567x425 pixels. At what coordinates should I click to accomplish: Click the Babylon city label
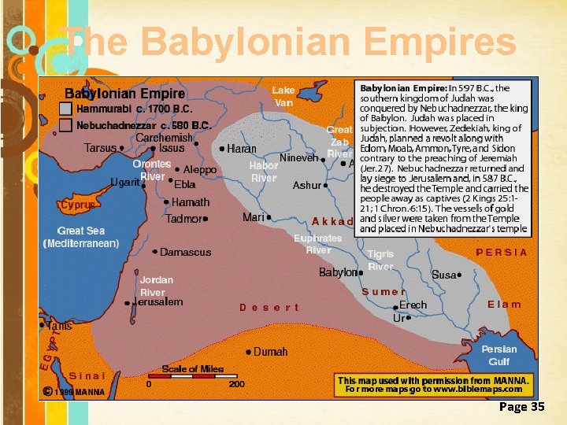click(x=338, y=272)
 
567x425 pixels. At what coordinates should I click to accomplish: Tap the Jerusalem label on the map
click(x=158, y=302)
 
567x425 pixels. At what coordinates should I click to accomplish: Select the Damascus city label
click(x=185, y=253)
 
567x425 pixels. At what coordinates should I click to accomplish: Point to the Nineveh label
click(x=298, y=157)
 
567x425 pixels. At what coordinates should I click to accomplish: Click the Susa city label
click(x=443, y=275)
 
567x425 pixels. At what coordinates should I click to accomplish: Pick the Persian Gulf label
click(x=499, y=355)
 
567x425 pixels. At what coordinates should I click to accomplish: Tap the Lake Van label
click(x=283, y=96)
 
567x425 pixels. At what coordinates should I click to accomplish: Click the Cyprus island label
click(x=78, y=205)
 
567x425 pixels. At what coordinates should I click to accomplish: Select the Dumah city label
click(x=270, y=352)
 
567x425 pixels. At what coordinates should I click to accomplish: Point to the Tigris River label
click(x=380, y=261)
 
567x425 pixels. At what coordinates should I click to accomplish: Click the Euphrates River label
click(x=318, y=244)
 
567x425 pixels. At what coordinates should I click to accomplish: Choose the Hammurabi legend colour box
click(x=66, y=109)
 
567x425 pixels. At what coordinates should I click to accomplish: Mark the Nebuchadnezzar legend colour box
click(x=66, y=125)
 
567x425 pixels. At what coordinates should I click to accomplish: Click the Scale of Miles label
click(x=193, y=369)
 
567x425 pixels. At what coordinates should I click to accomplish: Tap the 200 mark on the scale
click(x=236, y=385)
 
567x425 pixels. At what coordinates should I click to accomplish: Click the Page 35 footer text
click(x=521, y=407)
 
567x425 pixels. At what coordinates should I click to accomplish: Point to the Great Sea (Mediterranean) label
click(x=80, y=238)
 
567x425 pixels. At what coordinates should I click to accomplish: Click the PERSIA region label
click(x=502, y=253)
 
